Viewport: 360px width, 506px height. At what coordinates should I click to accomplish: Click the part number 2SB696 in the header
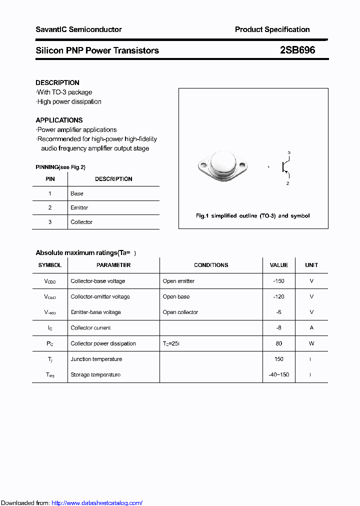point(297,50)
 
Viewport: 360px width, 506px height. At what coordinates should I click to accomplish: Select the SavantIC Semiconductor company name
point(78,29)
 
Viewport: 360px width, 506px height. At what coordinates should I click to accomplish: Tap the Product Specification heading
point(272,29)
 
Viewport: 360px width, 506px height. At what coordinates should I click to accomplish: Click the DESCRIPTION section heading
point(57,82)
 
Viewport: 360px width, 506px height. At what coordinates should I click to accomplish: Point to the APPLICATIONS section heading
point(59,120)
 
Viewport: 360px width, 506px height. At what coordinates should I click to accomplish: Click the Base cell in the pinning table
point(77,193)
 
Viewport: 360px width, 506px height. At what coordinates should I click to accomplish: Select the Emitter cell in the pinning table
point(79,207)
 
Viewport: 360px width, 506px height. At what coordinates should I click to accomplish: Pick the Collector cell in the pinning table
point(81,222)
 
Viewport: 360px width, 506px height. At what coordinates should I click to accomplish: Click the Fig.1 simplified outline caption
point(252,216)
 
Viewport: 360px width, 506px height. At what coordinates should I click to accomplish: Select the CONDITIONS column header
point(211,265)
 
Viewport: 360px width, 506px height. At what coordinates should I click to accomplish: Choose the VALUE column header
point(278,265)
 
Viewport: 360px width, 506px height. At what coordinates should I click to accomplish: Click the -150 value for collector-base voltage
point(278,281)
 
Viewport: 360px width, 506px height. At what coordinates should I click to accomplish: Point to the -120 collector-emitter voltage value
point(278,296)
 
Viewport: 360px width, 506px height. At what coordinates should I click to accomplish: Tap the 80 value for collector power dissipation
point(278,343)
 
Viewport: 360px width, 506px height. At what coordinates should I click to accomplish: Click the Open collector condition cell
point(180,312)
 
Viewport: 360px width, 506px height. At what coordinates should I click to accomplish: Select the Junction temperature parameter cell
point(96,359)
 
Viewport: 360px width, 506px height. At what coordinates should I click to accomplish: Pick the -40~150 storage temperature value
point(278,374)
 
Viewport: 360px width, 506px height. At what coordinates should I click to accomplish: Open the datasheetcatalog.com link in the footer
point(97,503)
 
